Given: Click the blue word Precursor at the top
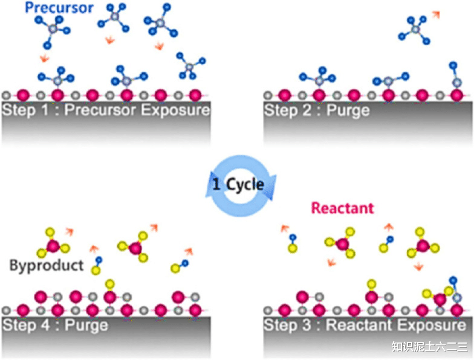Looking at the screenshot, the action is click(x=59, y=7).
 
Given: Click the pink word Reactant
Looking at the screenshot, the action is click(x=342, y=208).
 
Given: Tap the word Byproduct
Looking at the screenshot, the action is click(x=47, y=266).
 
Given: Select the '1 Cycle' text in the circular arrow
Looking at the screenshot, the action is click(x=238, y=184).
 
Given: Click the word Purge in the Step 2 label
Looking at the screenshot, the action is click(x=348, y=111).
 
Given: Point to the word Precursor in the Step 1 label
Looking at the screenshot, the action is click(x=100, y=110).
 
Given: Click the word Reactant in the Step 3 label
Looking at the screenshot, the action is click(x=359, y=325).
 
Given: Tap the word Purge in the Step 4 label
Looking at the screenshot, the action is click(x=86, y=326).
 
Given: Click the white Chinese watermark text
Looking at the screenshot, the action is click(x=429, y=347).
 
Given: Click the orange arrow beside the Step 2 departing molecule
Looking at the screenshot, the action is click(x=436, y=14).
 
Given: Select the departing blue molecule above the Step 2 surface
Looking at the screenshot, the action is click(x=414, y=29).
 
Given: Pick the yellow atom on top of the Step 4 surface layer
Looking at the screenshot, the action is click(x=110, y=284).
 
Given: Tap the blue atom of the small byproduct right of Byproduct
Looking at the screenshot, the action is click(x=99, y=260).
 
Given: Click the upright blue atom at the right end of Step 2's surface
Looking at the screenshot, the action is click(x=453, y=65).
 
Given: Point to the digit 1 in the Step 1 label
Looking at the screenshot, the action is click(x=45, y=110).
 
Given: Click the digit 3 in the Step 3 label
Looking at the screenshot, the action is click(x=307, y=325).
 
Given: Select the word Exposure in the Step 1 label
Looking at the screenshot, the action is click(x=175, y=110).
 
